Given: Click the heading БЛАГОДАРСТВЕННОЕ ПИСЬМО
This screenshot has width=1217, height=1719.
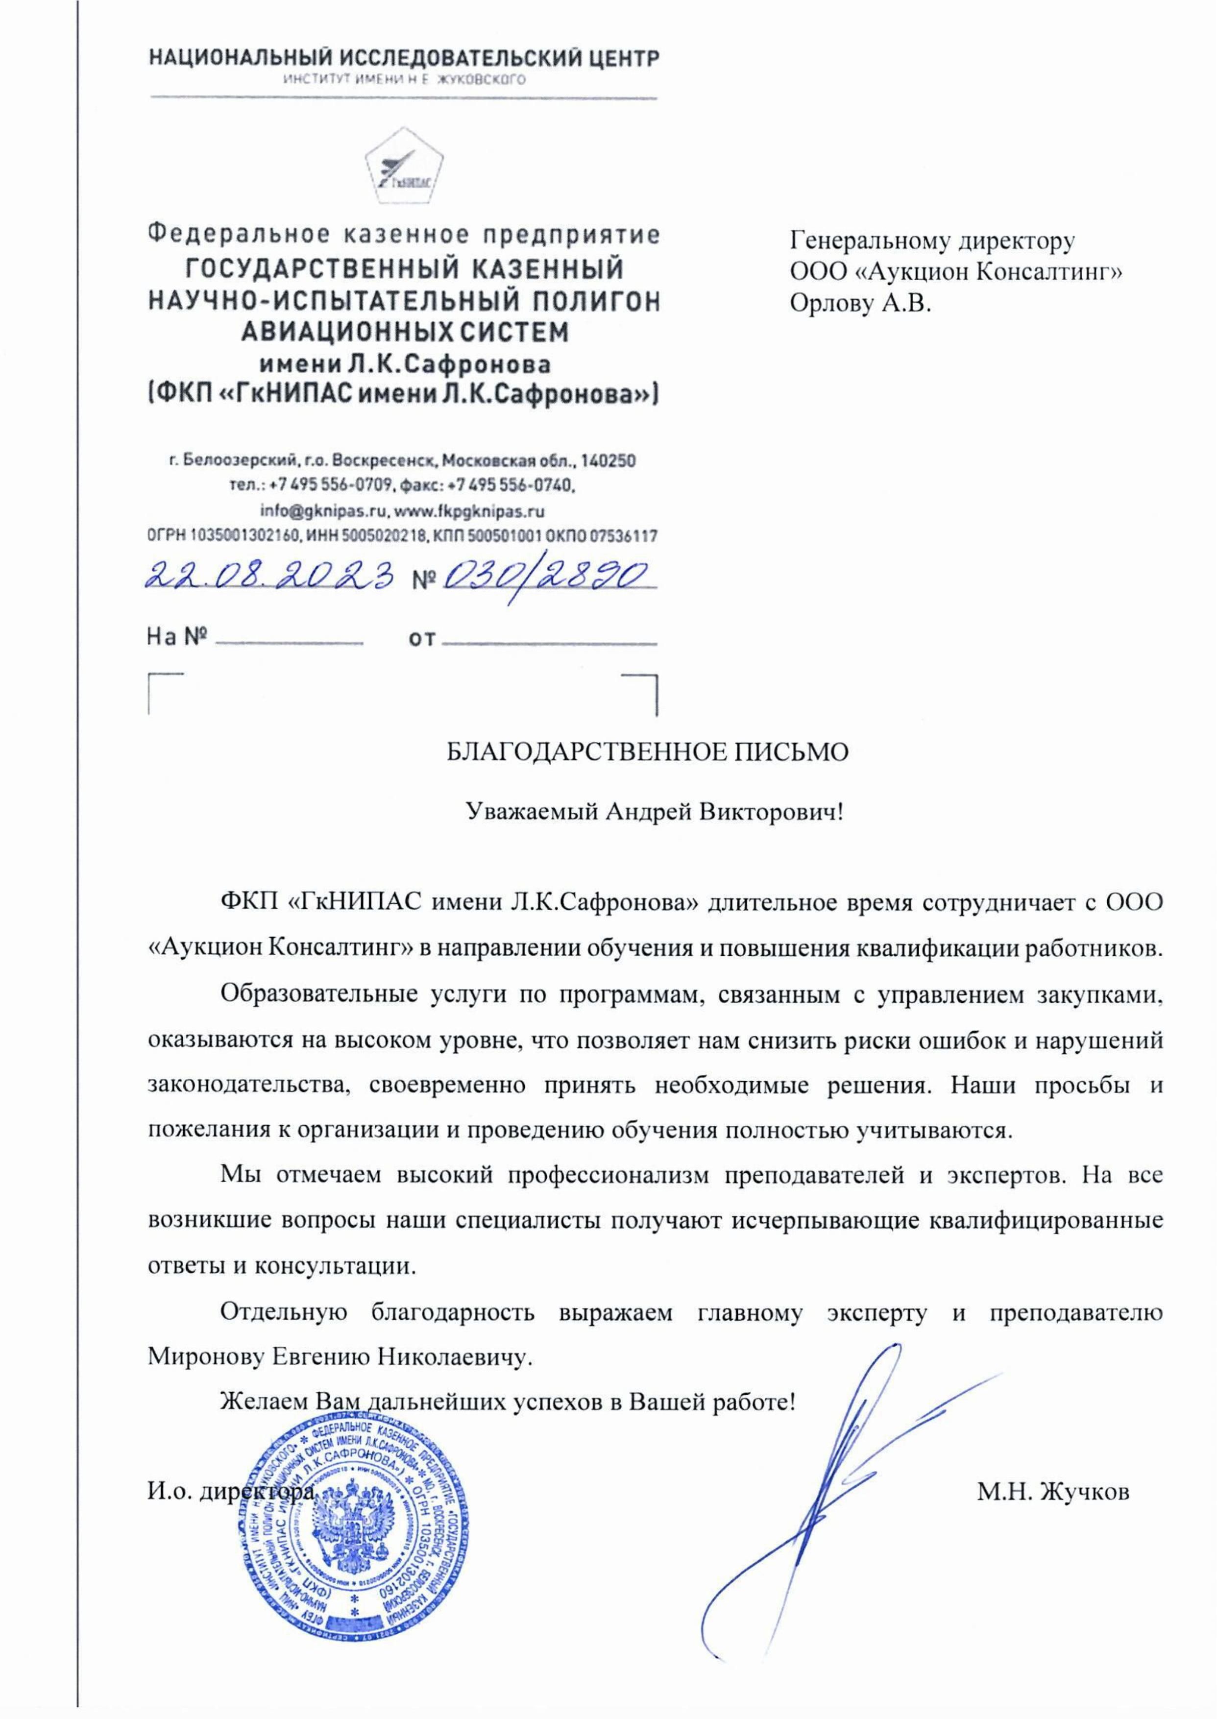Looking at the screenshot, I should pyautogui.click(x=648, y=751).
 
